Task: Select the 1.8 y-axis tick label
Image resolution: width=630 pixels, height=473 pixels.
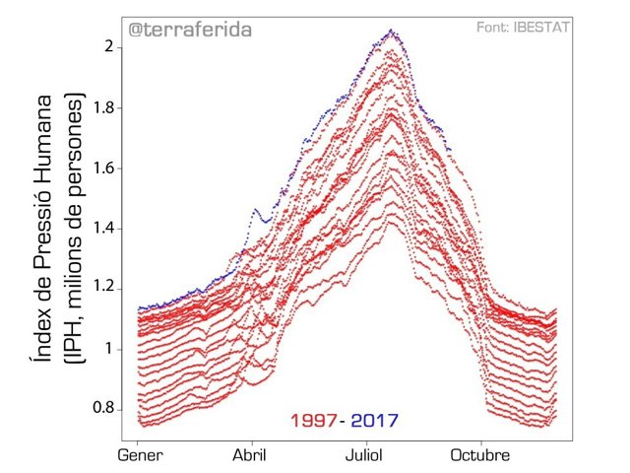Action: [x=107, y=108]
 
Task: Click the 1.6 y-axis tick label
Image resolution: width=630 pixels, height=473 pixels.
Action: [x=107, y=169]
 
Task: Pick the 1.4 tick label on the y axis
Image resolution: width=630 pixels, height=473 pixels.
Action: [x=107, y=229]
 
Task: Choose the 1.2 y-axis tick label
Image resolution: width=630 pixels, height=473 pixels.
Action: [x=107, y=289]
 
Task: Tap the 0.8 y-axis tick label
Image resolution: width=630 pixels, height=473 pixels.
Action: [x=107, y=409]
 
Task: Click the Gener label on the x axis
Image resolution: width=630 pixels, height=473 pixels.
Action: [x=141, y=455]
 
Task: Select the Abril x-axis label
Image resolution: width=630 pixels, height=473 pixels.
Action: [x=253, y=455]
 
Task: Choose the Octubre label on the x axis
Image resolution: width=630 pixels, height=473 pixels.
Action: [x=479, y=455]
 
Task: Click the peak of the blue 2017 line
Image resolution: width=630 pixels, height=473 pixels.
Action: [x=391, y=32]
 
